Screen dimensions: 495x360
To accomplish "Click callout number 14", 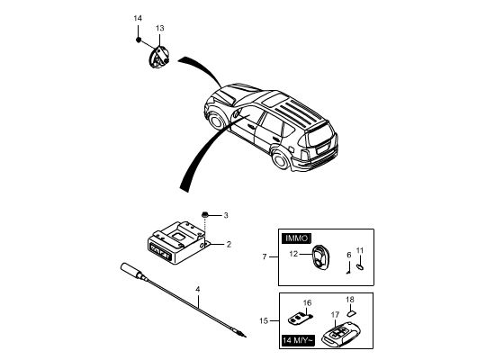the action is coord(138,18).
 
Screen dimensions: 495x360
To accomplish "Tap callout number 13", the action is coord(159,28).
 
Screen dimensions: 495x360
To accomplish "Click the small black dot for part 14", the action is coord(139,40).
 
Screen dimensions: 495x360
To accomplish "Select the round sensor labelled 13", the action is coord(158,58).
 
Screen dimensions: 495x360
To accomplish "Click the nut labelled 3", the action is coord(204,215).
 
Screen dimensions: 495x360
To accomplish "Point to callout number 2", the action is coord(229,244).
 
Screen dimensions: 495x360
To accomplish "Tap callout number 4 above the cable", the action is coord(198,289).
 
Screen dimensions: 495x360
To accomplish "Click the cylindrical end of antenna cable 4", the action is coord(130,271).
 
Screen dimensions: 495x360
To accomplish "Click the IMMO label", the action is coord(296,238).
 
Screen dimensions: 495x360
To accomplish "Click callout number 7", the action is coord(265,256).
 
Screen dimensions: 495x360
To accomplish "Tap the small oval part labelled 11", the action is coord(360,266).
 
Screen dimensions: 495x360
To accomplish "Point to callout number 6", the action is coord(349,255).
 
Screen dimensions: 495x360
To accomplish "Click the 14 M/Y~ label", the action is coord(298,340).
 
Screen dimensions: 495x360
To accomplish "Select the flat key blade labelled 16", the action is coord(300,319).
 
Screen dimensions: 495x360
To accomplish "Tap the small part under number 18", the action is coord(351,313).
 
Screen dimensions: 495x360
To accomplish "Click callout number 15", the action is coord(264,320).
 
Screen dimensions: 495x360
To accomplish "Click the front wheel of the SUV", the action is coord(216,121).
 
